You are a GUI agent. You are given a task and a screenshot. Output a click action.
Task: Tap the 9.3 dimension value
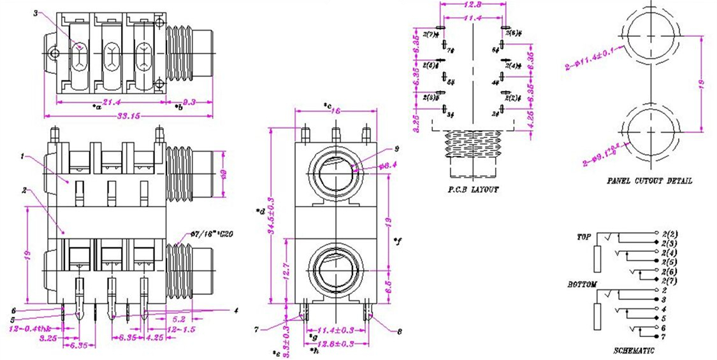click(189, 101)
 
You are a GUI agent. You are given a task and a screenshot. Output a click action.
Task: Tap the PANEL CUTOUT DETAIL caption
click(649, 180)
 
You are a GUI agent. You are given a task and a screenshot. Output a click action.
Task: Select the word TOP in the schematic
click(584, 236)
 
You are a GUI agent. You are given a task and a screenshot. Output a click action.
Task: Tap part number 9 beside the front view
click(396, 149)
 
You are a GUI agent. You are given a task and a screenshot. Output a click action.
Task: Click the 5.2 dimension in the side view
click(178, 319)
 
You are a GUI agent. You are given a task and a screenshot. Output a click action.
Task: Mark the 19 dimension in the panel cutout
click(703, 83)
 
